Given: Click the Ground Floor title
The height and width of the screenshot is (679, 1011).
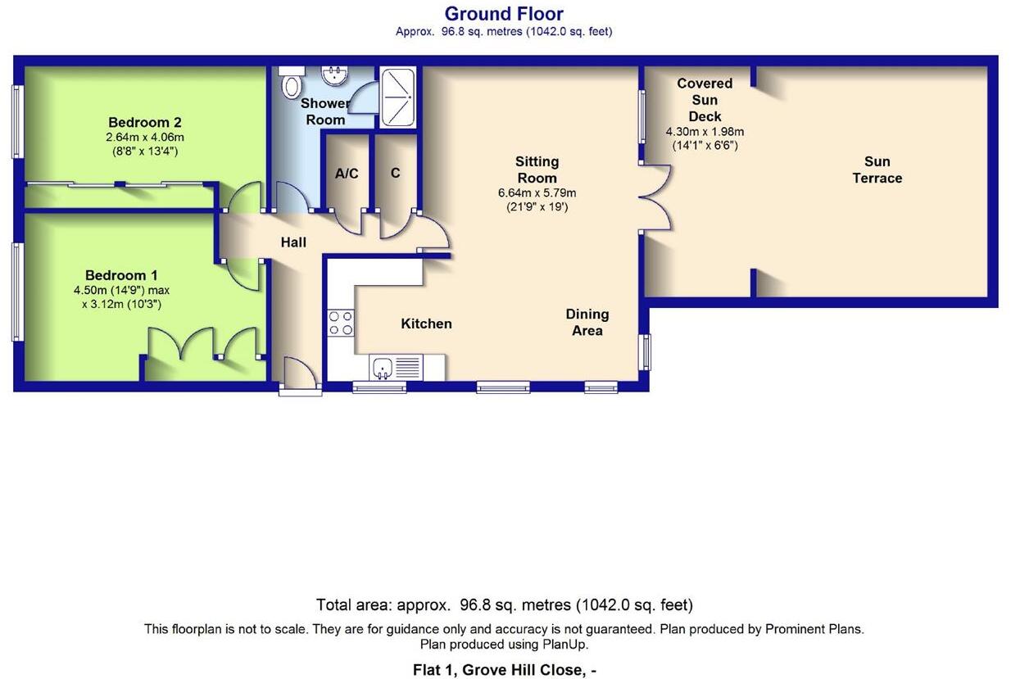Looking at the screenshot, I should [504, 14].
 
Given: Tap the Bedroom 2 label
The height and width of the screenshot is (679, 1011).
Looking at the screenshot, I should [144, 123].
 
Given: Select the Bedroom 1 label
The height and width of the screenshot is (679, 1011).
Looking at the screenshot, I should [121, 275].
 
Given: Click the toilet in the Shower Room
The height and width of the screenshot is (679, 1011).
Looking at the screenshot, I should [291, 84].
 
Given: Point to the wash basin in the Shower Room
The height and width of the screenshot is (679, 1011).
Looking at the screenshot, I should [334, 76].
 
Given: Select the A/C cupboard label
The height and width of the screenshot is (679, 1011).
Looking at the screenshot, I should [347, 174].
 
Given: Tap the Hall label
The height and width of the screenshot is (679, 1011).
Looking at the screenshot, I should [293, 242].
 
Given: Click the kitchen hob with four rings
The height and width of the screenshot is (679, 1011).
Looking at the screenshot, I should [341, 323].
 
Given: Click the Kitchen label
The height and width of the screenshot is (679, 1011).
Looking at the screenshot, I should [426, 324].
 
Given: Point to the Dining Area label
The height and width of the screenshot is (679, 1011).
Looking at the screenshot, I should [587, 322].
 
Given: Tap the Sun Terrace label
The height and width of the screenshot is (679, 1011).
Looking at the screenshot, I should [877, 170].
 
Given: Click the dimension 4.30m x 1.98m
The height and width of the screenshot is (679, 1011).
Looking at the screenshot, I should [704, 132].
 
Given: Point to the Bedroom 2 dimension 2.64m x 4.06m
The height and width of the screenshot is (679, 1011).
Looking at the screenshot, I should [144, 137].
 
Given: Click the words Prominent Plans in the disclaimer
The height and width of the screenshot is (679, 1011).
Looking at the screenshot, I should [814, 629].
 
